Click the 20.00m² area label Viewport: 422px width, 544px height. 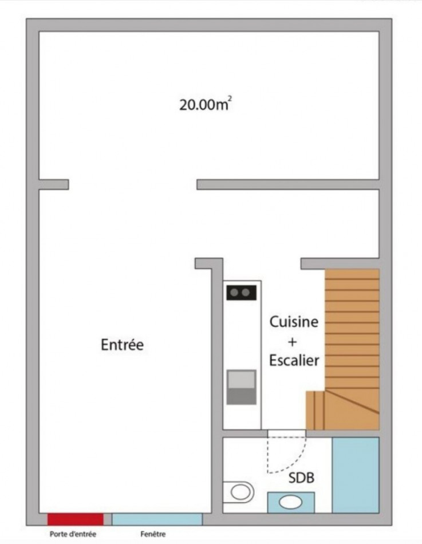click(206, 105)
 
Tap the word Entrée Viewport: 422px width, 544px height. click(122, 345)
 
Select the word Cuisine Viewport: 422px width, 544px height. click(294, 322)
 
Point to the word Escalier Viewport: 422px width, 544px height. click(293, 361)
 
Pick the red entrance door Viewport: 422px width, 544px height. click(75, 519)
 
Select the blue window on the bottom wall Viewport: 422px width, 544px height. click(157, 519)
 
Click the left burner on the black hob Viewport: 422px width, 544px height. click(235, 293)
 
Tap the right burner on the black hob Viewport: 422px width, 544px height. click(247, 293)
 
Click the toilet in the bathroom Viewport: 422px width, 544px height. click(238, 491)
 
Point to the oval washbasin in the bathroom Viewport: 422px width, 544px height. click(291, 502)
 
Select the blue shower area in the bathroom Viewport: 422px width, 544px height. click(356, 475)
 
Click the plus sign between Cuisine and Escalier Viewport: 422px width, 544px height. click(293, 342)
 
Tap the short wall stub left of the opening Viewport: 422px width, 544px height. click(54, 184)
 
